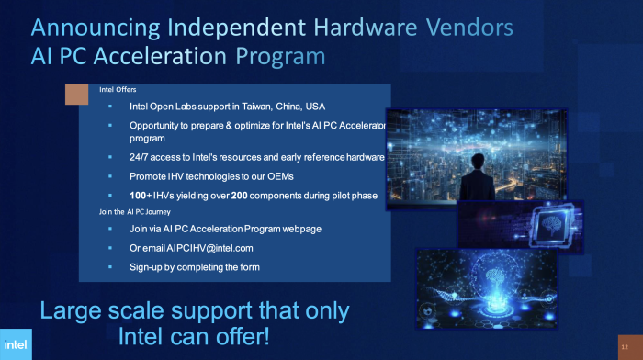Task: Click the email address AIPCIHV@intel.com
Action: pyautogui.click(x=204, y=248)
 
